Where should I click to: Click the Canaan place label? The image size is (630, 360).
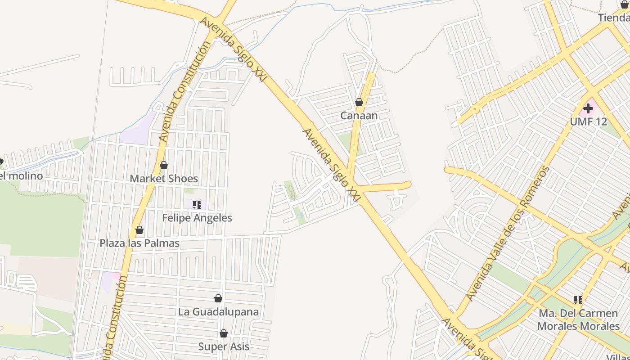(x=359, y=116)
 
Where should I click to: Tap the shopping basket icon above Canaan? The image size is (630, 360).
(x=359, y=103)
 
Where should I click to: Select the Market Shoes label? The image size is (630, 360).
(x=164, y=179)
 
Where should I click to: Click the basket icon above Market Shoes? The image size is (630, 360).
(x=164, y=165)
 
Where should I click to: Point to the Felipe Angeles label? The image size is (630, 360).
(x=197, y=218)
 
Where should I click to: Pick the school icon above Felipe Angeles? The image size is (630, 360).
(x=197, y=205)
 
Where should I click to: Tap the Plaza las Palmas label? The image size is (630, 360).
(x=139, y=243)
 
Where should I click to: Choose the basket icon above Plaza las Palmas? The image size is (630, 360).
(x=139, y=230)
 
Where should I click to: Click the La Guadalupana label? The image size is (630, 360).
(x=218, y=312)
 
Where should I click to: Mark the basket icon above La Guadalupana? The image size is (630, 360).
(x=218, y=298)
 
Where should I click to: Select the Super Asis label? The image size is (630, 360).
(x=224, y=346)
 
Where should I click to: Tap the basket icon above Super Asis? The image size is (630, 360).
(x=224, y=333)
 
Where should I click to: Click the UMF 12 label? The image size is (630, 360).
(x=588, y=122)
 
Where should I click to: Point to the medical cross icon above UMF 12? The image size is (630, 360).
(x=588, y=108)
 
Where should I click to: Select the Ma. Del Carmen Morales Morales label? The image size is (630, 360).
(x=578, y=319)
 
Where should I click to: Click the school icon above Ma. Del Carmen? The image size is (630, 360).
(x=578, y=300)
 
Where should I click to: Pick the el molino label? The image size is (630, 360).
(x=22, y=176)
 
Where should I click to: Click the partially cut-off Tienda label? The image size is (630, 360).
(x=614, y=18)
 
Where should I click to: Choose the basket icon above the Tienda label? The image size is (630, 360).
(x=625, y=4)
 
